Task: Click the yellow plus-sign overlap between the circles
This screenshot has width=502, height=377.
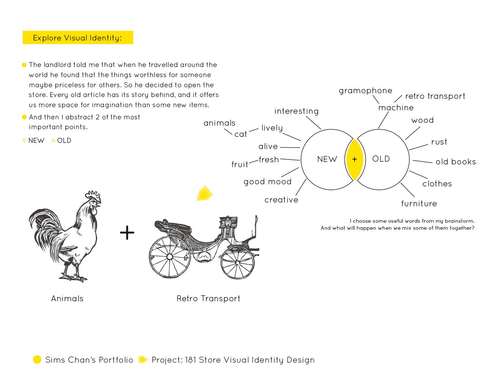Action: (x=355, y=160)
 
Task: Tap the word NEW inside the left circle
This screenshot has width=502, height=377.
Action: (x=327, y=159)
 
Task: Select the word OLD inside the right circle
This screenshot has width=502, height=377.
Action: (x=381, y=159)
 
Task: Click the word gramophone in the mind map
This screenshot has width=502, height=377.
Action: (x=365, y=91)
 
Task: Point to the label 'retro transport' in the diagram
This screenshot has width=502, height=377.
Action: (x=435, y=96)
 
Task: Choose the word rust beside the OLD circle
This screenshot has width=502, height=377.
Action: (x=439, y=142)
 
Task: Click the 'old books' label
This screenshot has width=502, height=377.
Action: (x=456, y=162)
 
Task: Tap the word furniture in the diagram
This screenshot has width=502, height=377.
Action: (x=419, y=204)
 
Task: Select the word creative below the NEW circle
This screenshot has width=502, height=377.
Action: (x=281, y=200)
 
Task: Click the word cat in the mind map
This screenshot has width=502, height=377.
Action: (x=241, y=134)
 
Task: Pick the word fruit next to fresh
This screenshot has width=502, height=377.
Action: (x=239, y=164)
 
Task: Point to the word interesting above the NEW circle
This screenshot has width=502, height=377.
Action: (x=296, y=111)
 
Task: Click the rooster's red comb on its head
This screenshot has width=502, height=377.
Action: (x=93, y=195)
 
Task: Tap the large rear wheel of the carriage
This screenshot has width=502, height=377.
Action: (x=170, y=257)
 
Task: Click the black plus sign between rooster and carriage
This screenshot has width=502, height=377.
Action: (x=127, y=233)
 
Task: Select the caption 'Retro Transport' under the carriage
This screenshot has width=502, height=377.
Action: (x=208, y=298)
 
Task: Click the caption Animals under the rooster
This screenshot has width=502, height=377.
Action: (x=67, y=298)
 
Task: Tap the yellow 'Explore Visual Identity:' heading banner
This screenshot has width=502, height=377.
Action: (x=78, y=38)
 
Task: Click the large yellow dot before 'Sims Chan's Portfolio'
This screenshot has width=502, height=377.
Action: (x=37, y=360)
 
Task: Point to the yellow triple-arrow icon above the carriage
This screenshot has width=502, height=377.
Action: (x=205, y=193)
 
